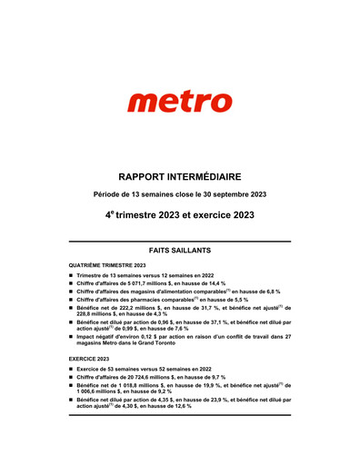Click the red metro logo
[x=180, y=102]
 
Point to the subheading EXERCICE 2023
[x=91, y=360]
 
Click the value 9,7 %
[x=215, y=377]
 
